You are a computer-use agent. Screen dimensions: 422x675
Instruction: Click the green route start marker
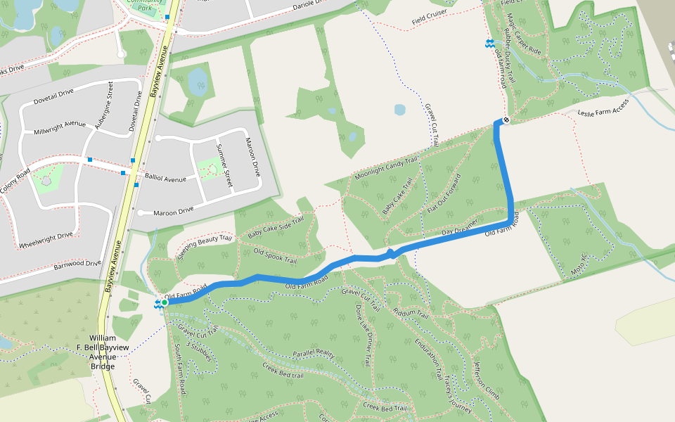click(164, 302)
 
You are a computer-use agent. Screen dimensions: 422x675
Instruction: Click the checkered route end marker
click(505, 120)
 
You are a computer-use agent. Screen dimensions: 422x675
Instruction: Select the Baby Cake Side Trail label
click(276, 226)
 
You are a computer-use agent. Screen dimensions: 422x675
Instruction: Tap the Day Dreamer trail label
click(460, 227)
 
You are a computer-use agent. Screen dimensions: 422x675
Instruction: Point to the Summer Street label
click(224, 166)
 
